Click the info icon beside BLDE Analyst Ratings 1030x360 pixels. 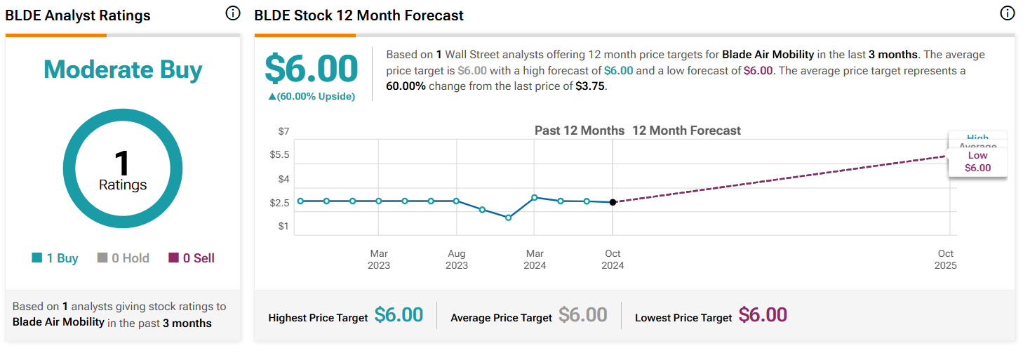233,14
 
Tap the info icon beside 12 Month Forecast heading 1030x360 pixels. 1007,14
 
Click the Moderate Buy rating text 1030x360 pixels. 123,69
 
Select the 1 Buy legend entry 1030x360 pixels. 55,258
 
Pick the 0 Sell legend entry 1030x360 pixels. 192,258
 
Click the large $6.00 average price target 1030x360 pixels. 311,69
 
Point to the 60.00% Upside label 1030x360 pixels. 312,96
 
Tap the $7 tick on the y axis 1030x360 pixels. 283,131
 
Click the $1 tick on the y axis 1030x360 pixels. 283,226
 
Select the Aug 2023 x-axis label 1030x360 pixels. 457,259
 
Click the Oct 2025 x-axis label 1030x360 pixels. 945,259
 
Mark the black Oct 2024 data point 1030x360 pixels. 613,202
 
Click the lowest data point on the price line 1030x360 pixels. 508,218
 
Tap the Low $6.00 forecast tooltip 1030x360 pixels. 977,162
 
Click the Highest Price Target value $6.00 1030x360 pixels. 399,316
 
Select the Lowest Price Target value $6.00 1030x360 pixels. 763,316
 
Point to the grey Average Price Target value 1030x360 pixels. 582,316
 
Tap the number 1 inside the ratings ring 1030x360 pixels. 123,164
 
